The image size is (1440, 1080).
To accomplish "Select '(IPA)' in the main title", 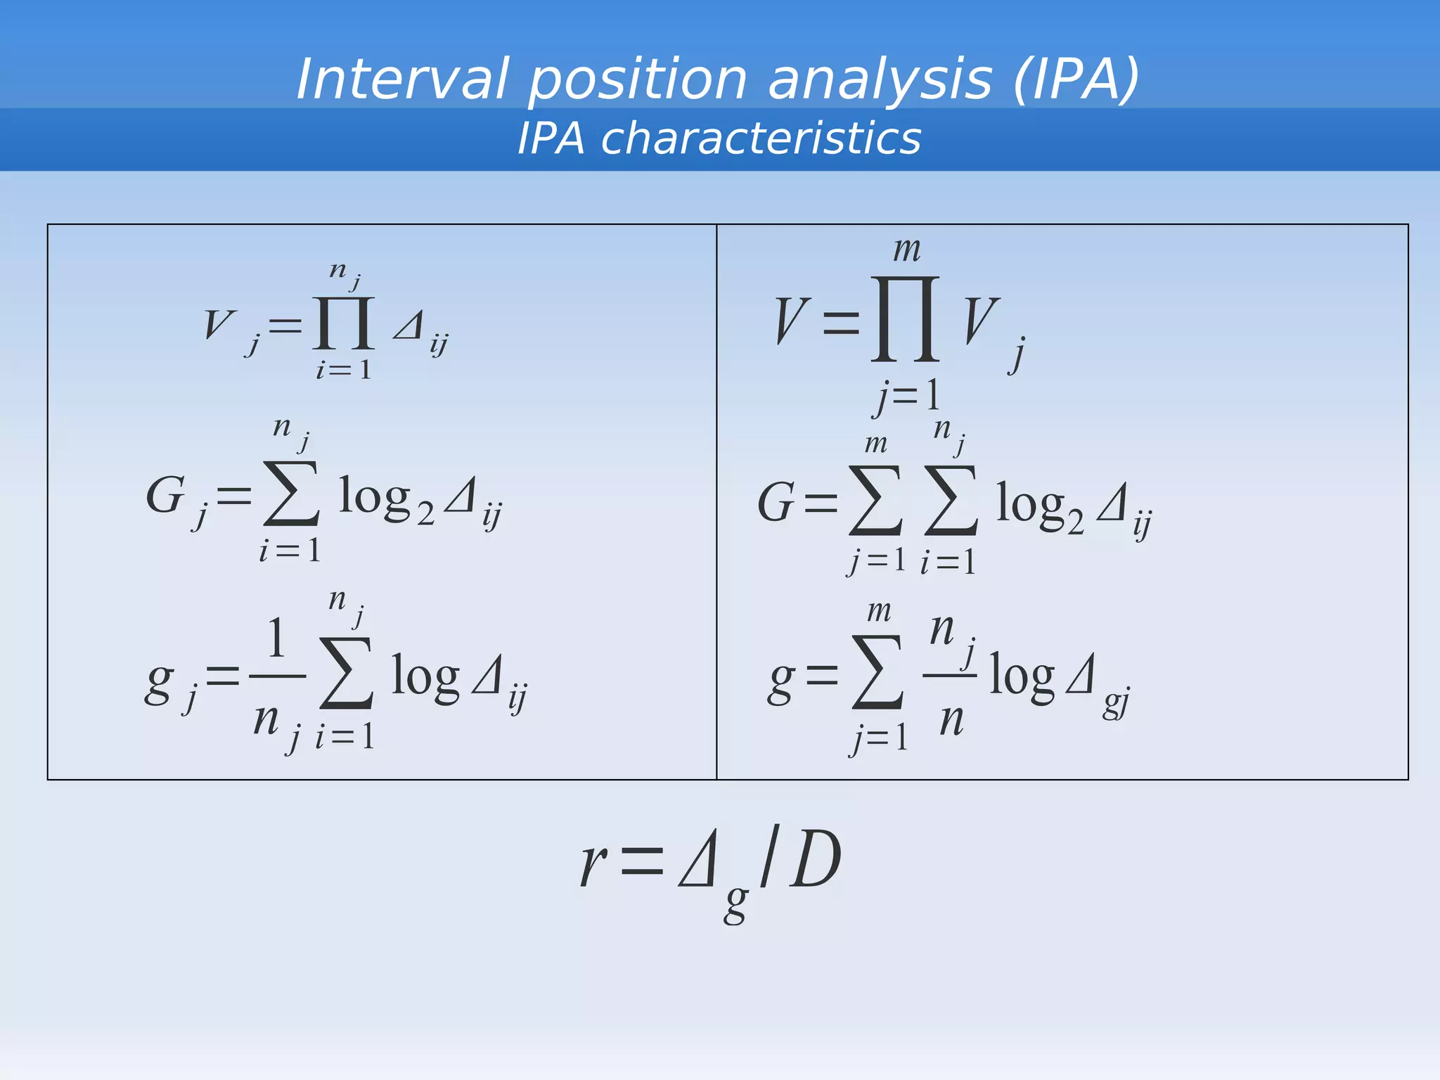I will click(1076, 79).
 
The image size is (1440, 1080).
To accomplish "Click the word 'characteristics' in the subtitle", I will click(761, 138).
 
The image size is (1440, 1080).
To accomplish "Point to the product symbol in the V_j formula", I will click(344, 323).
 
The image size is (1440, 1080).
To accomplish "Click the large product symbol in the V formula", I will click(905, 319).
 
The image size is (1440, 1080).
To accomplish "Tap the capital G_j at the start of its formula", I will click(167, 495).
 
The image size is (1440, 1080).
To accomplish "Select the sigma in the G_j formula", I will click(291, 494).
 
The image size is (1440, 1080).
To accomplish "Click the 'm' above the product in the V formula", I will click(907, 250).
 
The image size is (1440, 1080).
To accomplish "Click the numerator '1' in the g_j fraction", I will click(276, 638).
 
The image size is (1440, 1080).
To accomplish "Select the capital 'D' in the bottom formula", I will click(816, 859).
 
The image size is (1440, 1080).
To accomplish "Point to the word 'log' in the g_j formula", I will click(425, 676).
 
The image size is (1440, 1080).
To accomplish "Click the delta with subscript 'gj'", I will click(1081, 675).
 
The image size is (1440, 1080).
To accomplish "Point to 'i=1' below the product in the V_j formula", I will click(343, 370).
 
